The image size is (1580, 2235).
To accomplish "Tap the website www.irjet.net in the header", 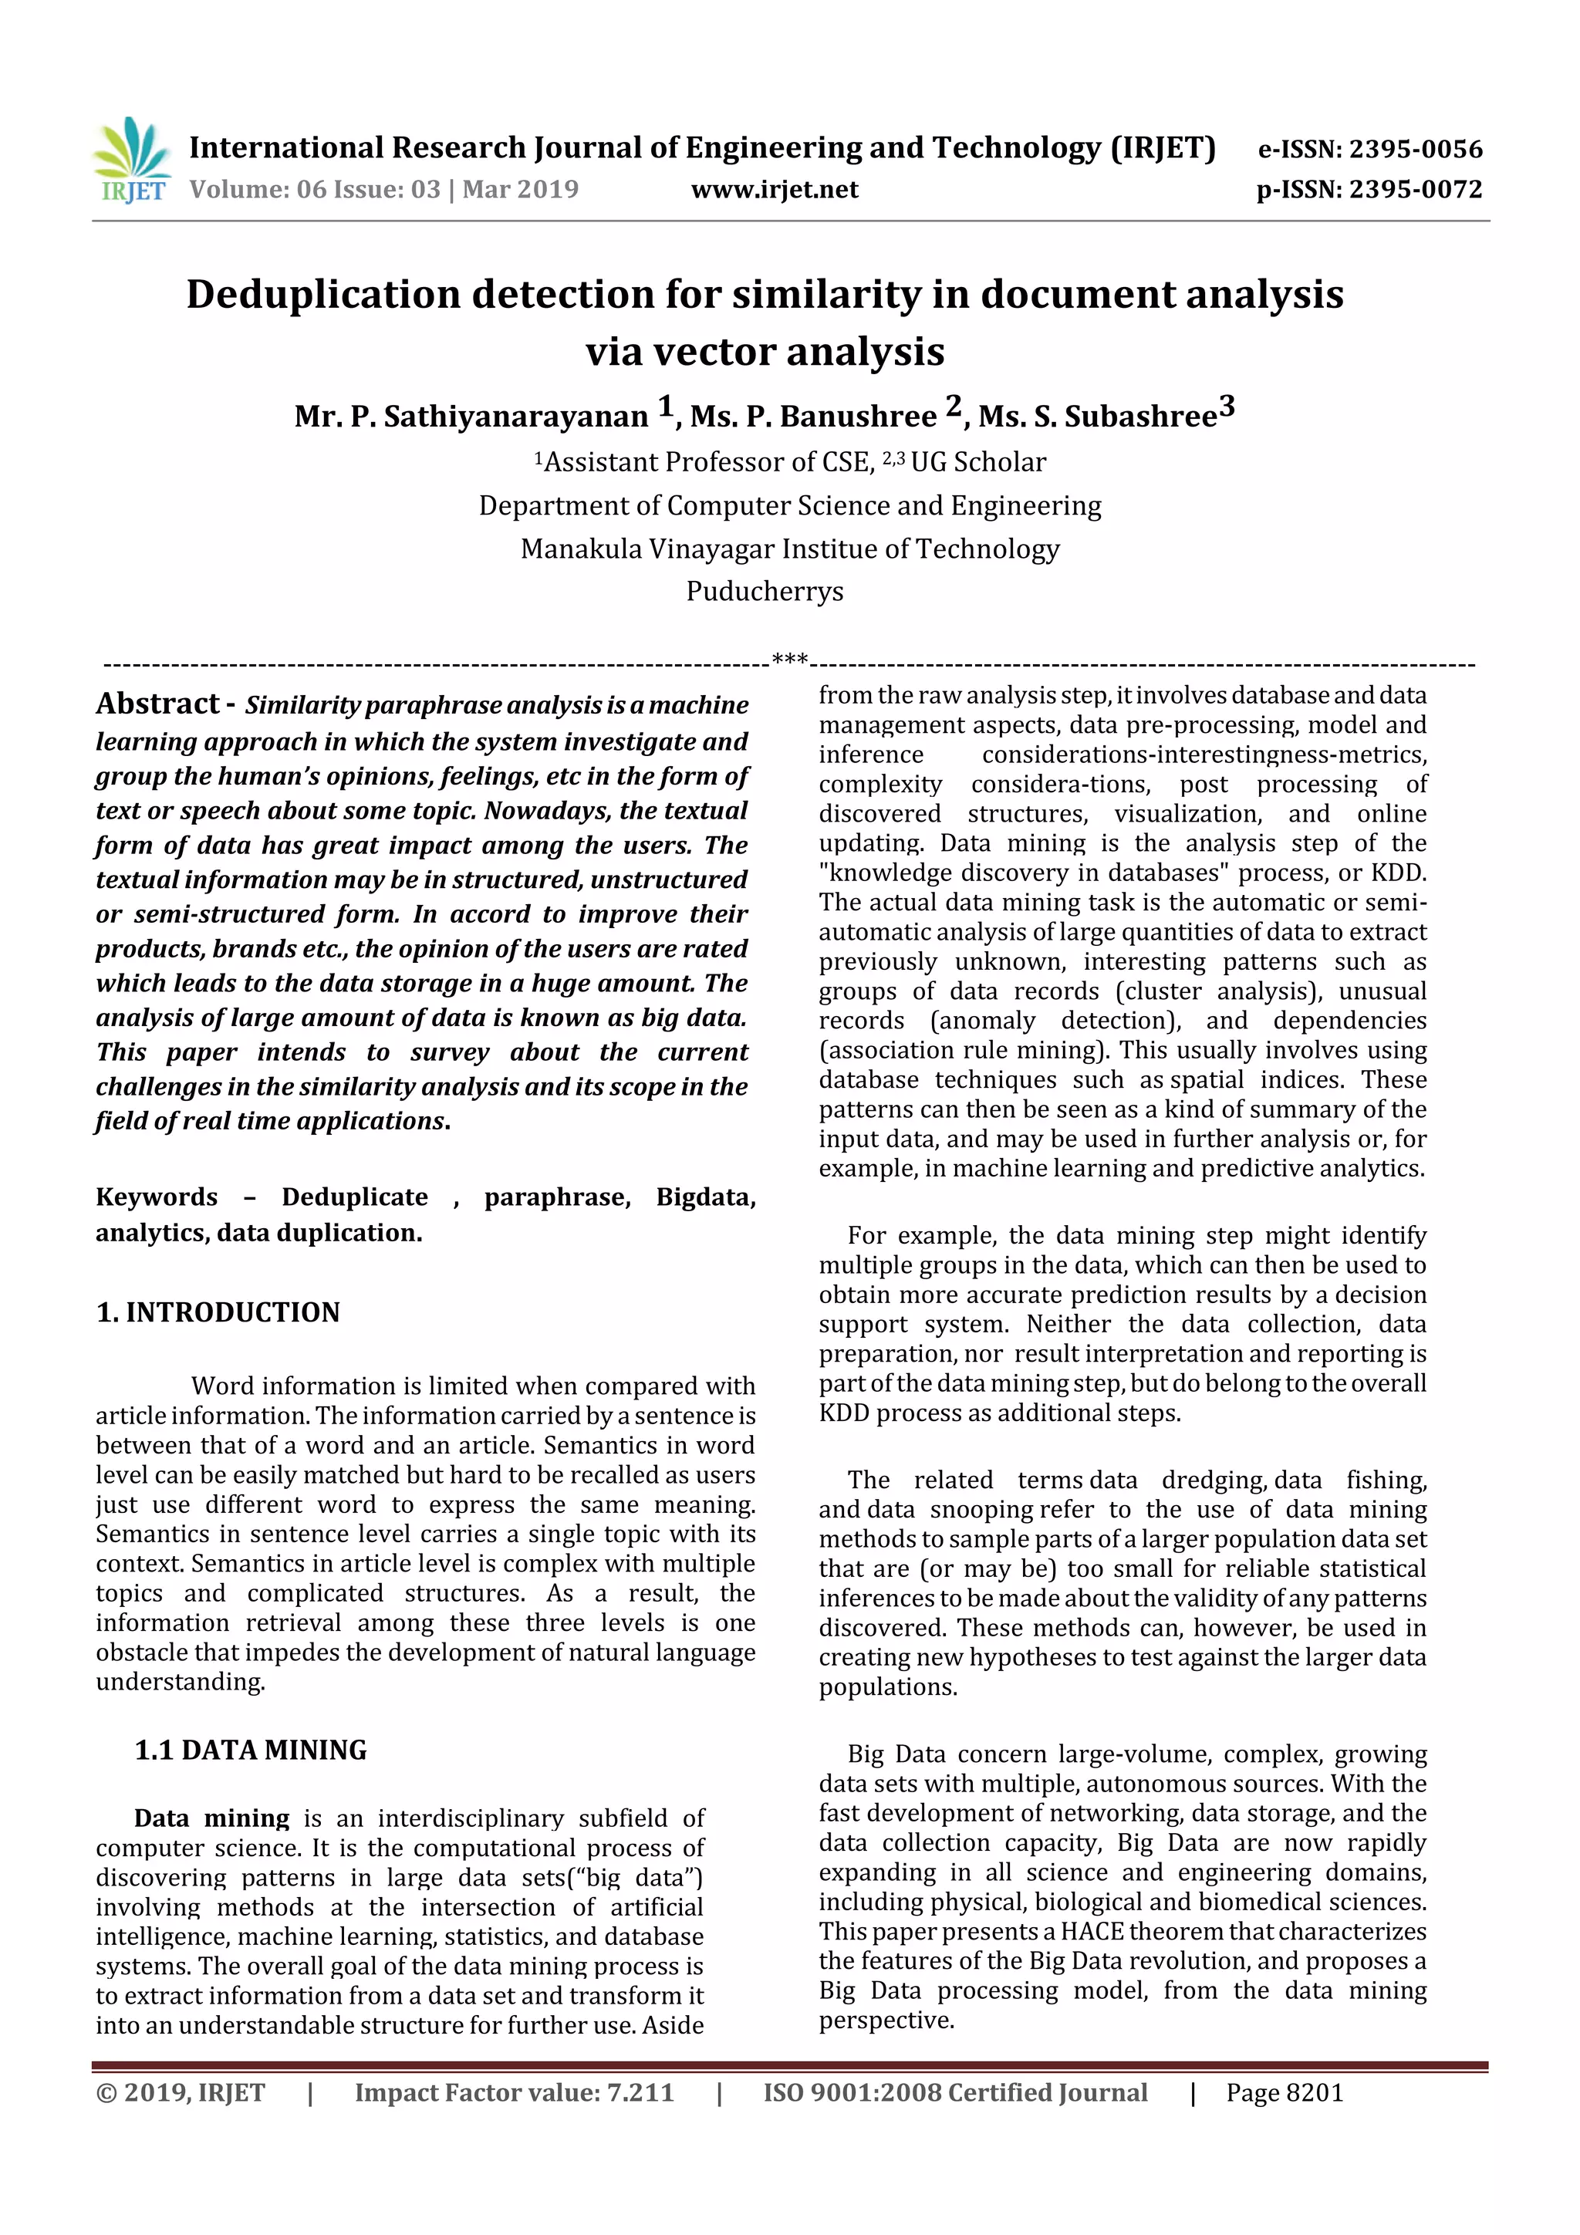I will coord(774,190).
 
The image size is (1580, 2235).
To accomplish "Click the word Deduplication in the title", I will coord(322,294).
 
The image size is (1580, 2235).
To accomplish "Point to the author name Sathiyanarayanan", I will coord(515,417).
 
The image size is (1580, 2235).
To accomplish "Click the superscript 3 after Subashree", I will coord(1227,406).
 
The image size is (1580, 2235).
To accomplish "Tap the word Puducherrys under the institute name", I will coord(765,591).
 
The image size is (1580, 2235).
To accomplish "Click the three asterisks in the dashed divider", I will coord(789,660).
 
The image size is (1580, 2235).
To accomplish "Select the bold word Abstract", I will coord(157,704).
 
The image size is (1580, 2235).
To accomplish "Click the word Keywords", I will coord(157,1197).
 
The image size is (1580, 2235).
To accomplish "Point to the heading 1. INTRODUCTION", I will coord(218,1312).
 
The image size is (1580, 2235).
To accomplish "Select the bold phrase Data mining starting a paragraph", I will coord(211,1818).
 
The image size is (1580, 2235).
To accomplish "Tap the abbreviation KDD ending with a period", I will coord(1398,873).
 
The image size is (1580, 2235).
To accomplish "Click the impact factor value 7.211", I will coord(640,2093).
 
